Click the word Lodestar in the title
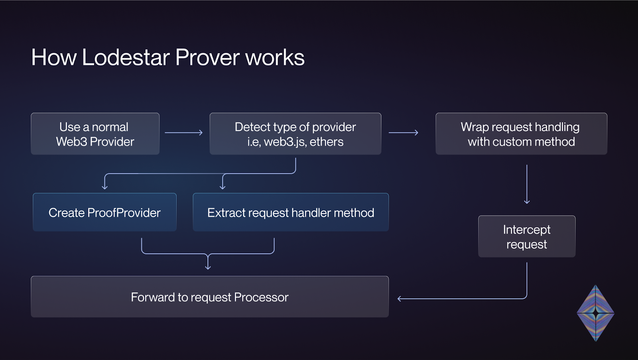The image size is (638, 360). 126,57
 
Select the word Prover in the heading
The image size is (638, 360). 207,57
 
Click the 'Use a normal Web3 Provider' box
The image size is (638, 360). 95,134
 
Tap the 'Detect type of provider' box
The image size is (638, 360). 295,134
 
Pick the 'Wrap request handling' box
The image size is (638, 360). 521,134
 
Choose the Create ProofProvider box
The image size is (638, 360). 104,212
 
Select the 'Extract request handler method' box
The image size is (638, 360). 291,212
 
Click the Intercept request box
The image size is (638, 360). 527,236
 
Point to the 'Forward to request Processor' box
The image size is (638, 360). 210,297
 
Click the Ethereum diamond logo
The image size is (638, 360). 596,313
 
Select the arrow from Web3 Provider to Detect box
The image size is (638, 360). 184,132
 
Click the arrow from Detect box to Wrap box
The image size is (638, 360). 404,132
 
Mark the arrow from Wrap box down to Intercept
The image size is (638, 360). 527,184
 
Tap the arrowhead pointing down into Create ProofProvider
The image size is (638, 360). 104,187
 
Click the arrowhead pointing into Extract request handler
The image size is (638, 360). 223,187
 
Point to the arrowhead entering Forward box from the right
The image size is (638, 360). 399,299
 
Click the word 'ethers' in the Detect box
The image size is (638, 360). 327,142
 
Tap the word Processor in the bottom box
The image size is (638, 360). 261,297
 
